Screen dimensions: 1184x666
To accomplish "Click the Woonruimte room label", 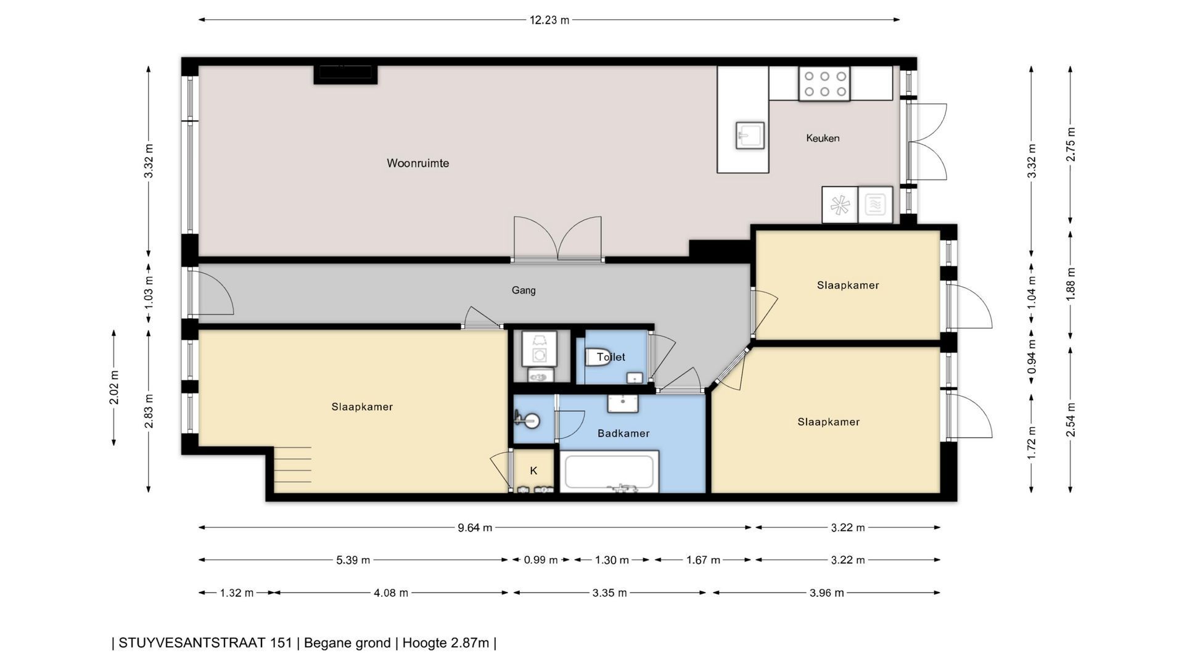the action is pyautogui.click(x=417, y=163).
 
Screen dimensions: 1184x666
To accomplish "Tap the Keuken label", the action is pyautogui.click(x=823, y=138).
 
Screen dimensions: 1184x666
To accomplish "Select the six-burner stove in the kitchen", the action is pyautogui.click(x=824, y=84).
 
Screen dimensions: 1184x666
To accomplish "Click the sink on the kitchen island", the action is pyautogui.click(x=750, y=135).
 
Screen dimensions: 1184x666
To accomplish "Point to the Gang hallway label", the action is pyautogui.click(x=524, y=290).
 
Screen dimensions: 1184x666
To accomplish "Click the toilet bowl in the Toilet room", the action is pyautogui.click(x=597, y=357).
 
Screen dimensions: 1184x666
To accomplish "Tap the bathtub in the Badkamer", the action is pyautogui.click(x=609, y=472).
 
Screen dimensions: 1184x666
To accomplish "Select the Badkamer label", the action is pyautogui.click(x=623, y=434).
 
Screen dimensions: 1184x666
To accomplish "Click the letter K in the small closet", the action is pyautogui.click(x=533, y=471).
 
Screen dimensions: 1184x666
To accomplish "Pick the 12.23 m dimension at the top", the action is pyautogui.click(x=549, y=20).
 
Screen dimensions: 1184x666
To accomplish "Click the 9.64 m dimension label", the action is pyautogui.click(x=475, y=527).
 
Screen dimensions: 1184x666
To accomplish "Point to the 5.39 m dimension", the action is pyautogui.click(x=353, y=560).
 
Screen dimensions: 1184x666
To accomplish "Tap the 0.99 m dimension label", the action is pyautogui.click(x=541, y=560).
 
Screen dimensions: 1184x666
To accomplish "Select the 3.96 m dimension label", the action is pyautogui.click(x=826, y=593).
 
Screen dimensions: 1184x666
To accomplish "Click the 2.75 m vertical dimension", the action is pyautogui.click(x=1071, y=144).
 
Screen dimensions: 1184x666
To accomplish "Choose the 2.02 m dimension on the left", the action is pyautogui.click(x=114, y=387).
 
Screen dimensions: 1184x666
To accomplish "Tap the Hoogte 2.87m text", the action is pyautogui.click(x=446, y=643).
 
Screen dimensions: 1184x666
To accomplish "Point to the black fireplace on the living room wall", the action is pyautogui.click(x=345, y=74).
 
